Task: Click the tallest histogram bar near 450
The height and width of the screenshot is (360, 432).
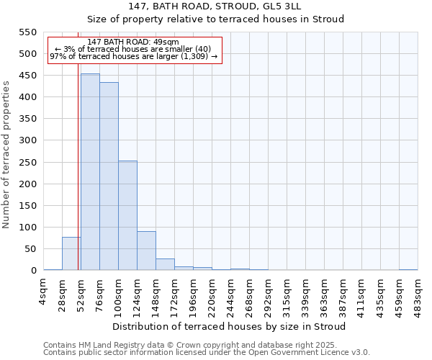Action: [90, 172]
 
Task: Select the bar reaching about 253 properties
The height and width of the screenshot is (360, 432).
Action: [127, 215]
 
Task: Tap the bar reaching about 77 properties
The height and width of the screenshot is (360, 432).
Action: [71, 253]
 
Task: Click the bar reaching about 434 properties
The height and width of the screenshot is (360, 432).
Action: [109, 176]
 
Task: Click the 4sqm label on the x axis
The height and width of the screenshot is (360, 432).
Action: [44, 293]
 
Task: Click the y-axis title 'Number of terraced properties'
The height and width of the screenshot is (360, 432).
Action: [7, 154]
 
